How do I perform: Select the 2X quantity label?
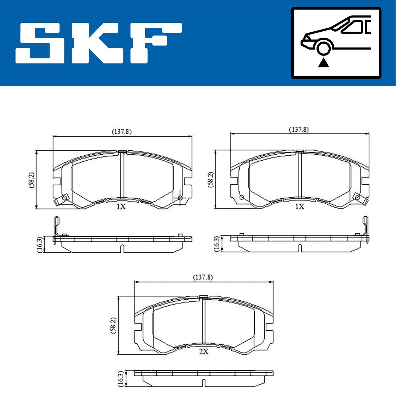coord(204,352)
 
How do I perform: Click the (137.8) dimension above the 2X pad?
coord(203,277)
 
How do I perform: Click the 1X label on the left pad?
coord(121,207)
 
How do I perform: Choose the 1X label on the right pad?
coord(299,207)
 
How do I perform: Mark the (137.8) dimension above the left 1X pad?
coord(122,131)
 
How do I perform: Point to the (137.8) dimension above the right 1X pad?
coord(299,130)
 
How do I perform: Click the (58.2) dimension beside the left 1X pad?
coord(31,180)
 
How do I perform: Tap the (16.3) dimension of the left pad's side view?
coord(39,245)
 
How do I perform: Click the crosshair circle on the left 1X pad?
coord(180,198)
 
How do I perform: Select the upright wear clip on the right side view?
coord(365,228)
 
